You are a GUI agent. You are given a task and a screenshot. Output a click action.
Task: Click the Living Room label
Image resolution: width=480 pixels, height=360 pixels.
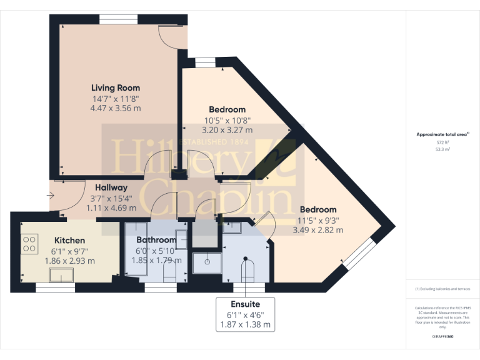point(116,88)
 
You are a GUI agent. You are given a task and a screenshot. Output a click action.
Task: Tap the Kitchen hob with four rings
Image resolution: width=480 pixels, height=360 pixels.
point(29,243)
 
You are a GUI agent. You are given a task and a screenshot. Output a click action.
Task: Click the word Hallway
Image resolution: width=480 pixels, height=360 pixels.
point(111,187)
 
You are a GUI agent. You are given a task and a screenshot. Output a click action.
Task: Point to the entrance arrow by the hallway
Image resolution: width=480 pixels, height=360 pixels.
point(50,196)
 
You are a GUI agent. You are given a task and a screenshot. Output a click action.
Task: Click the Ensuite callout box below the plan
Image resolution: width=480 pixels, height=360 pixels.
point(245,314)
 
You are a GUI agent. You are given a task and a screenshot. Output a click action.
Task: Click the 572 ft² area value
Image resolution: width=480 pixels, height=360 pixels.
point(443,142)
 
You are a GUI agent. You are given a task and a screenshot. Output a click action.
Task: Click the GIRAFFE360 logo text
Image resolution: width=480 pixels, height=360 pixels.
point(443,336)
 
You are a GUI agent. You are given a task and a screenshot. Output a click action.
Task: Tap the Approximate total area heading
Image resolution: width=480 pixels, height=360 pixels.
point(443,134)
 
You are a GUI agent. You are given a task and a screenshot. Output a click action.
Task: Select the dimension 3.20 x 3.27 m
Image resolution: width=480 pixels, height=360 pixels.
point(227,131)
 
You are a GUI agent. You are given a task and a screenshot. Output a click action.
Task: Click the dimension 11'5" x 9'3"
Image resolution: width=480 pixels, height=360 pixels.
point(318,220)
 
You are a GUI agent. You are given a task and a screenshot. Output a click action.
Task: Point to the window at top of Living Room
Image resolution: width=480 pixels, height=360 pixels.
point(118,19)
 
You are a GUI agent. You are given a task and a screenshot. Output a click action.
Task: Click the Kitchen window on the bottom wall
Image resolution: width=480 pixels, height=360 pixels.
point(56,287)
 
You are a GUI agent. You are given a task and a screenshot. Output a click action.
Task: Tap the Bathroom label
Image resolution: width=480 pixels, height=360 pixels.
point(156,240)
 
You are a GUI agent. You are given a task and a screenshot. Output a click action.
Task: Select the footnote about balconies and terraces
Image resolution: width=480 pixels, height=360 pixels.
point(443,289)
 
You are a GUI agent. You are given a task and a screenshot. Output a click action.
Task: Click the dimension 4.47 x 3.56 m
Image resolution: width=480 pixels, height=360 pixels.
point(116,108)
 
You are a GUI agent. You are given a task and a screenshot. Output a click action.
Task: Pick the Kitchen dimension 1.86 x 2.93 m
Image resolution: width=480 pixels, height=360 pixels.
point(69,261)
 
